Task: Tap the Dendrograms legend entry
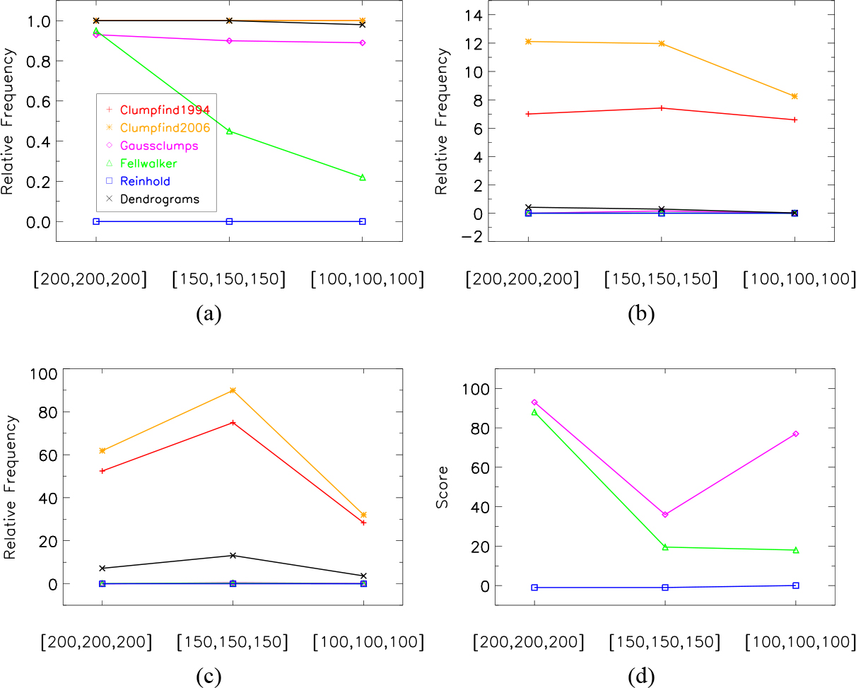[x=159, y=199]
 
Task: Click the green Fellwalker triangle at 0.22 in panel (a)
[x=363, y=177]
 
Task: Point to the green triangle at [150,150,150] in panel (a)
[x=229, y=131]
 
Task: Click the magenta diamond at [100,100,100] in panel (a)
[x=363, y=43]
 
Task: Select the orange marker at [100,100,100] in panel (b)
[x=795, y=96]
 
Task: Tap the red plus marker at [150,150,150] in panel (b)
[x=662, y=107]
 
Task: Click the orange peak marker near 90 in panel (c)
[x=233, y=390]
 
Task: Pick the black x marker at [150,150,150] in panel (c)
[x=233, y=555]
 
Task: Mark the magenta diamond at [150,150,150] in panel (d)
[x=665, y=514]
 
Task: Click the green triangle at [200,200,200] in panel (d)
[x=534, y=412]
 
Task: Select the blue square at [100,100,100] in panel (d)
[x=795, y=585]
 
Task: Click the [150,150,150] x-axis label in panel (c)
[x=233, y=642]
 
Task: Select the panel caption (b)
[x=641, y=315]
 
